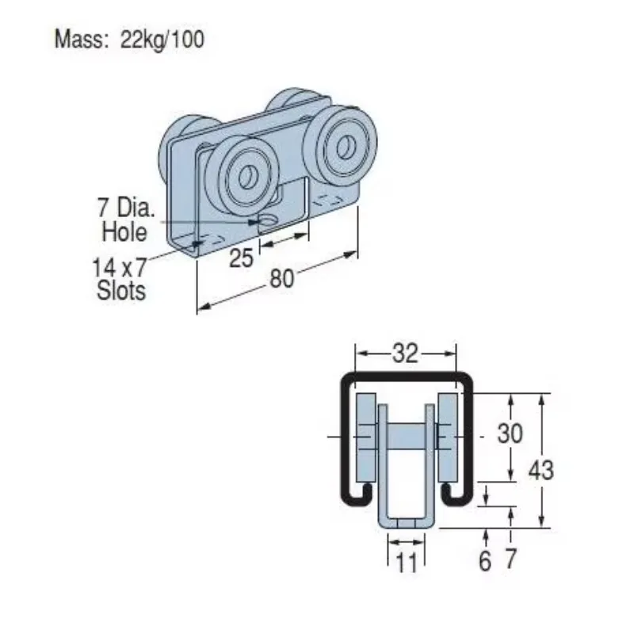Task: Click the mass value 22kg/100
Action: (x=162, y=40)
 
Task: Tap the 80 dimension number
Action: (x=281, y=278)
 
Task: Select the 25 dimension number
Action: (x=241, y=258)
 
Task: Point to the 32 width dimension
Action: (x=405, y=353)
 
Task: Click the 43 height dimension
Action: (x=541, y=470)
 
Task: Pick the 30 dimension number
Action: (x=510, y=433)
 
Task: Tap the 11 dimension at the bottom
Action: (x=406, y=562)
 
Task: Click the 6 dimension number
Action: (x=485, y=561)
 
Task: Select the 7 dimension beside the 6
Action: (x=510, y=559)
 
